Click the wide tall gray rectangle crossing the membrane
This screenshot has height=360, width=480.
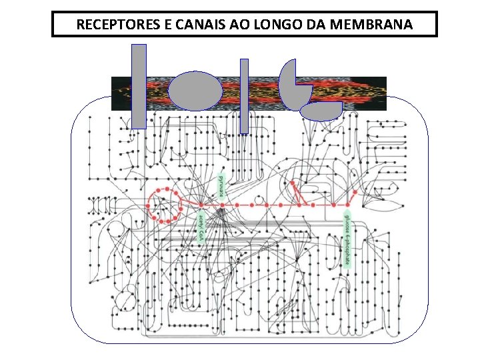click(138, 86)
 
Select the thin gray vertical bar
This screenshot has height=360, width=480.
click(244, 96)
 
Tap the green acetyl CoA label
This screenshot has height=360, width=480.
click(201, 227)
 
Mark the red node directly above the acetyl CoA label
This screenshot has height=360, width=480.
click(201, 205)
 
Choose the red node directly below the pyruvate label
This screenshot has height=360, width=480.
click(222, 205)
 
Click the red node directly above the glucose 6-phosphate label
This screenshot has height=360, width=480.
click(347, 205)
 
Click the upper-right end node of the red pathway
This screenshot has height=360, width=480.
click(355, 191)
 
